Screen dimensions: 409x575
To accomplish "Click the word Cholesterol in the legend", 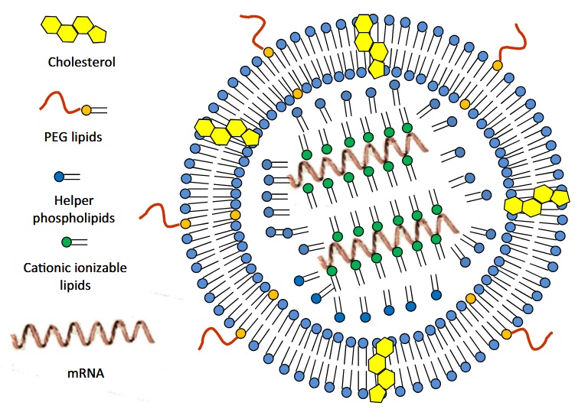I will point(81,63).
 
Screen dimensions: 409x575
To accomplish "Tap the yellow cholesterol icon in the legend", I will point(72,28).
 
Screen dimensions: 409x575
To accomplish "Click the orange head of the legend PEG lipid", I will point(86,110).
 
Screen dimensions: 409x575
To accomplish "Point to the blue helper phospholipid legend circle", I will point(60,177).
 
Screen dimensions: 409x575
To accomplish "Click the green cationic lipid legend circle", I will point(67,242).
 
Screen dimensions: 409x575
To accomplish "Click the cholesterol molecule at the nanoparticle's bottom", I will point(381,370).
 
